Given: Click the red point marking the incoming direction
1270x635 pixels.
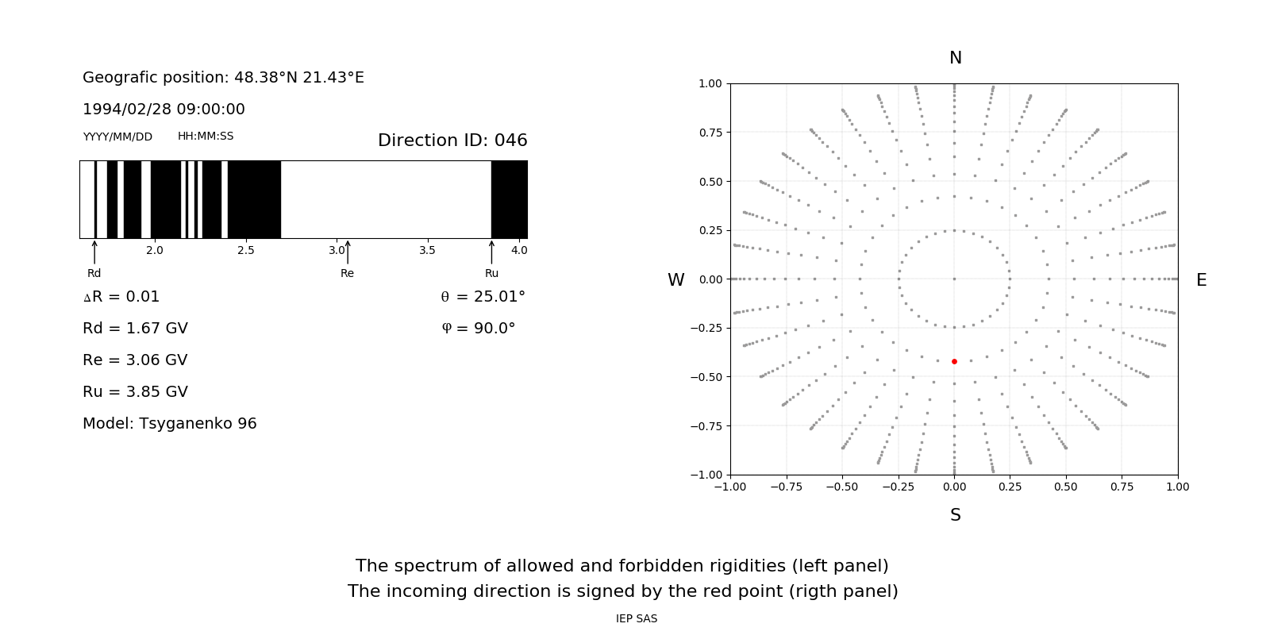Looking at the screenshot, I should [x=954, y=361].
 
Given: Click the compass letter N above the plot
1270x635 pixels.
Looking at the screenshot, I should [x=956, y=58].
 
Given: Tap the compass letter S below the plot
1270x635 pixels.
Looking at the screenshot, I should [x=956, y=515].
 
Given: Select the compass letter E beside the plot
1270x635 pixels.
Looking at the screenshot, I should [x=1201, y=280].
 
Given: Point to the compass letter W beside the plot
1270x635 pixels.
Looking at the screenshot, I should [x=675, y=280].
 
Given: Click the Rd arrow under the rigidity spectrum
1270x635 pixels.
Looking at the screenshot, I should [x=94, y=252].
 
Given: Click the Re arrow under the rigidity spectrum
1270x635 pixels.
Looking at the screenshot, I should [x=348, y=252].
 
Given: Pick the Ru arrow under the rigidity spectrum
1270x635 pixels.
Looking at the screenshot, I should [x=491, y=252].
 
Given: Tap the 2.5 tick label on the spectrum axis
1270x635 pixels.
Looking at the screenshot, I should [x=246, y=250].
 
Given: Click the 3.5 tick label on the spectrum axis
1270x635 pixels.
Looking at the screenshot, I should [x=427, y=250].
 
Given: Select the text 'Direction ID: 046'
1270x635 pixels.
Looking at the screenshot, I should [x=452, y=140].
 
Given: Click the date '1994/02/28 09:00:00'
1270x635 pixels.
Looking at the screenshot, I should [x=164, y=110].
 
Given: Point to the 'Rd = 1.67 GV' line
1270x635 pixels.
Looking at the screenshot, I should [x=135, y=329].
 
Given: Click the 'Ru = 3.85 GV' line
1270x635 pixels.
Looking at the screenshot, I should [x=135, y=392].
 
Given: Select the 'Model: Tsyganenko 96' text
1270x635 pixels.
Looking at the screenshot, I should [x=170, y=424].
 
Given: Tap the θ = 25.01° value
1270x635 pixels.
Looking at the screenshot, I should [x=483, y=297].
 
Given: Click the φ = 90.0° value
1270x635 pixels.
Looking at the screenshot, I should [x=479, y=329].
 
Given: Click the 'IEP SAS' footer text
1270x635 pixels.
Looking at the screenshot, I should [x=636, y=619].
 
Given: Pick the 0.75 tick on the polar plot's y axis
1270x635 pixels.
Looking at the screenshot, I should [x=710, y=133].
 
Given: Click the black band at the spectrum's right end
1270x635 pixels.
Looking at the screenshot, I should [x=509, y=199].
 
